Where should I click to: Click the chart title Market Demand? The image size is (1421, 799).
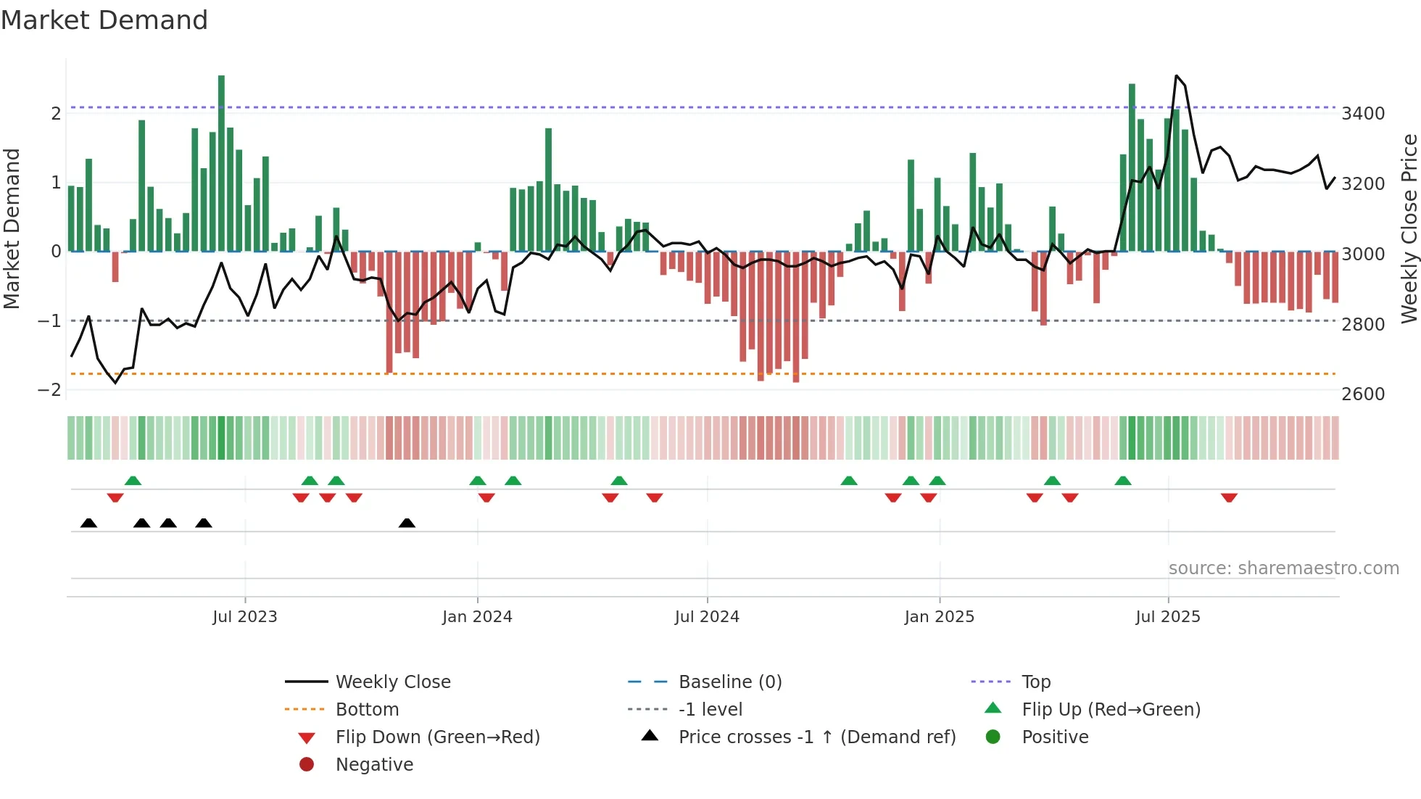click(x=104, y=20)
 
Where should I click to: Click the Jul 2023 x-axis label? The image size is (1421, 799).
click(x=244, y=616)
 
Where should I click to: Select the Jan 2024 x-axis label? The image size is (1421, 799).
click(x=477, y=616)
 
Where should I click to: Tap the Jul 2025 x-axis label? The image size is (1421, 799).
click(x=1167, y=616)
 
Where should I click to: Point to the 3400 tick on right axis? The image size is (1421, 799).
click(x=1362, y=113)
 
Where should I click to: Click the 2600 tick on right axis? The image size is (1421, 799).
click(x=1362, y=394)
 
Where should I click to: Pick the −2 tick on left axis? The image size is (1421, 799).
click(x=49, y=389)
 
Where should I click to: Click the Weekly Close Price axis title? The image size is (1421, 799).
click(x=1409, y=228)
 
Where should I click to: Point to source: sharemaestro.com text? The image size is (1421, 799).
click(x=1283, y=568)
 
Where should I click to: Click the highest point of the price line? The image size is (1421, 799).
click(x=1176, y=75)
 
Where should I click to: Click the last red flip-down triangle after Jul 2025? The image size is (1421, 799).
click(x=1228, y=497)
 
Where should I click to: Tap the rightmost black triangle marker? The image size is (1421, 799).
click(x=407, y=523)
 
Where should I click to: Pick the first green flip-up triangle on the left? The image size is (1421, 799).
click(x=133, y=481)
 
